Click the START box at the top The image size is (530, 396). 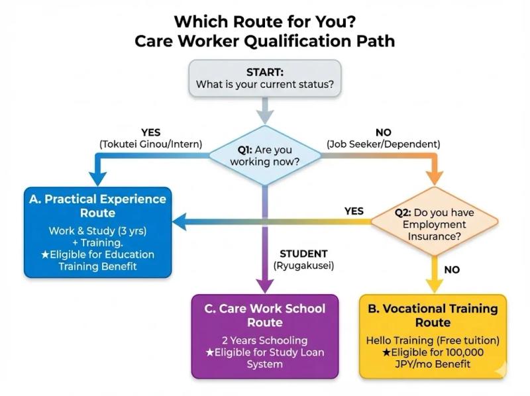(265, 77)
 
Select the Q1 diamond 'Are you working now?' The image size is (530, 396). (265, 156)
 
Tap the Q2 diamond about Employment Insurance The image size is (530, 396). (434, 224)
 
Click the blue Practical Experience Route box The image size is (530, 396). (97, 232)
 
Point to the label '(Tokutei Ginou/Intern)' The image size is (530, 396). (151, 144)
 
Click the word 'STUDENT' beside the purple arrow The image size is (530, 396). (303, 254)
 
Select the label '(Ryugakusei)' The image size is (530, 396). (303, 266)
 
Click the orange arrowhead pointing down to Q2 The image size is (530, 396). (434, 177)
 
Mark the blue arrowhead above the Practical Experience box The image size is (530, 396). (97, 179)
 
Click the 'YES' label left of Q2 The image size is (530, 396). (354, 211)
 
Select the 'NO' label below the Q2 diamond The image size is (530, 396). (452, 270)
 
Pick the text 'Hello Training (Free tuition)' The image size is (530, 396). (433, 340)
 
